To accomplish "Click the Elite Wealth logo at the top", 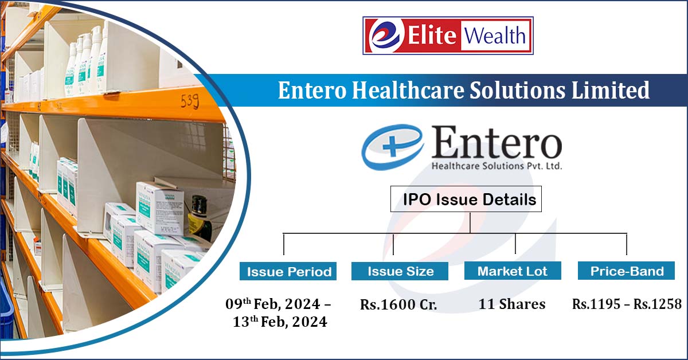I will click(448, 36).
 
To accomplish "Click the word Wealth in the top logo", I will click(495, 36).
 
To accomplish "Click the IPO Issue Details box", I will click(470, 200).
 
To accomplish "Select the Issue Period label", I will click(289, 272).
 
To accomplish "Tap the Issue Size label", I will click(400, 272).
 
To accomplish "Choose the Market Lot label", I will click(513, 272).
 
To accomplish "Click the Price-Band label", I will click(627, 272).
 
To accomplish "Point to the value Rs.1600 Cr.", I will click(398, 304).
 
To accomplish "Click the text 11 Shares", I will click(512, 304).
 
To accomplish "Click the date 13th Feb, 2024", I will click(280, 322).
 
